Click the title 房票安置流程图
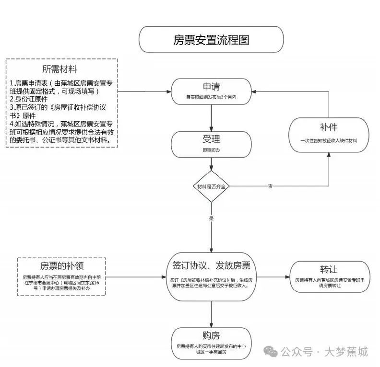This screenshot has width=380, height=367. [211, 40]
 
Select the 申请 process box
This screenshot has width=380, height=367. [212, 91]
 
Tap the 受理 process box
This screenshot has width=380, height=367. [212, 144]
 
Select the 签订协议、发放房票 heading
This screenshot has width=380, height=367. [212, 265]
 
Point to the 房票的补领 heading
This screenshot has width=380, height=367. [65, 265]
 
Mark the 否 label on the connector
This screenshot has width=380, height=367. [270, 186]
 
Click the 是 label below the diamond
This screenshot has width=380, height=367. [211, 218]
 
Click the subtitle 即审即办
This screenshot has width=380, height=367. [212, 150]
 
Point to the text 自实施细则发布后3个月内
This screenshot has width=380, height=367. [212, 97]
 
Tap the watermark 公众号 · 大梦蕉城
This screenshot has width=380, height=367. [324, 352]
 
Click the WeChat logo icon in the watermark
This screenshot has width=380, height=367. [273, 353]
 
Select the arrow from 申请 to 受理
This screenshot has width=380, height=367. [212, 118]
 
